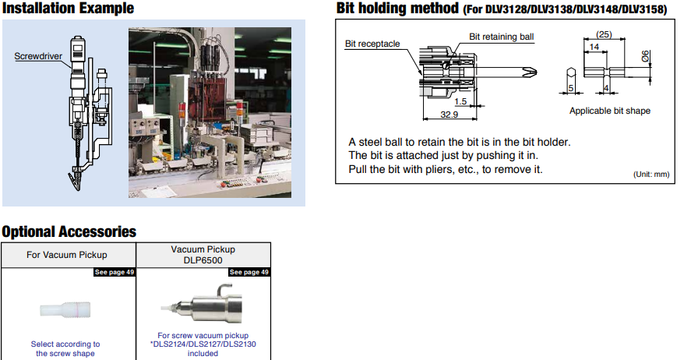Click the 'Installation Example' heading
tap(68, 9)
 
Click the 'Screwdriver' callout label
tap(38, 56)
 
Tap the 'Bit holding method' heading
tap(397, 9)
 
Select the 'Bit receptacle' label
tap(372, 44)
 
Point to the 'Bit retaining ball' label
tap(502, 37)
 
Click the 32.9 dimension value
tap(449, 115)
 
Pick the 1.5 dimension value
tap(460, 101)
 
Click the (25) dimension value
tap(604, 34)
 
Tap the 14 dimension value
tap(594, 47)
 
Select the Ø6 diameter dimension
tap(645, 56)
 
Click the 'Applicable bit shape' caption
tap(610, 111)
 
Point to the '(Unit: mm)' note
tap(651, 174)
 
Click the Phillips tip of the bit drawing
tap(531, 72)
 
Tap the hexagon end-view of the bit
tap(571, 73)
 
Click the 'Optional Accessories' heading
tap(69, 231)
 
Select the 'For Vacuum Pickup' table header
tap(66, 255)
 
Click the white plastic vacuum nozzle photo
tap(65, 309)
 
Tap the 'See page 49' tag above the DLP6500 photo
tap(249, 272)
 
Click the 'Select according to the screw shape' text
tap(65, 348)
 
